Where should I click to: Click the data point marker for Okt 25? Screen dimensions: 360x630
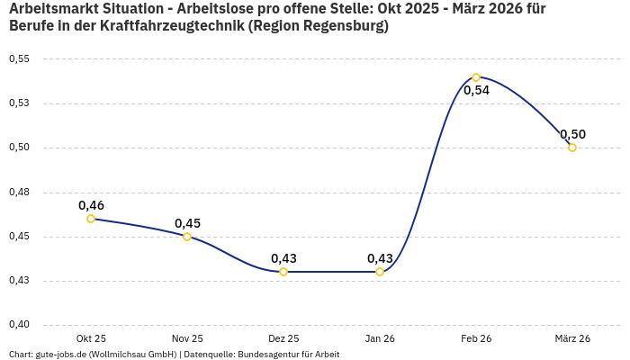91,219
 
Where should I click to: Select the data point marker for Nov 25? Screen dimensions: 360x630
187,237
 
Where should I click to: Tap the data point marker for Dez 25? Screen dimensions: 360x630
283,272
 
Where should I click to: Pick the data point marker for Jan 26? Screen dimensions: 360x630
380,272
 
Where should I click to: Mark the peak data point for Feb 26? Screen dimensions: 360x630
476,77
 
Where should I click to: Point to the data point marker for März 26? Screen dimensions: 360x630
572,148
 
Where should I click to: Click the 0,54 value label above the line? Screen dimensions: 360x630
476,91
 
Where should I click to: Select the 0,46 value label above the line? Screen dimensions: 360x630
91,205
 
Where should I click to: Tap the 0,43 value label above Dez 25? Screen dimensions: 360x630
283,258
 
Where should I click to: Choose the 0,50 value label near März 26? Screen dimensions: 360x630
572,134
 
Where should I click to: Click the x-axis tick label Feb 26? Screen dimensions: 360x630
476,338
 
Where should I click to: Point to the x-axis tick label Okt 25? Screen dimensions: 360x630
91,338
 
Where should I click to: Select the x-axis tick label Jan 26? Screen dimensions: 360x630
380,338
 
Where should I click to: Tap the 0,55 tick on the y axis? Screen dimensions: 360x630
19,59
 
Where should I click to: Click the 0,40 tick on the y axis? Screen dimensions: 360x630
19,325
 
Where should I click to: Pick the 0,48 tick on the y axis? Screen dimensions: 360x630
19,193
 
